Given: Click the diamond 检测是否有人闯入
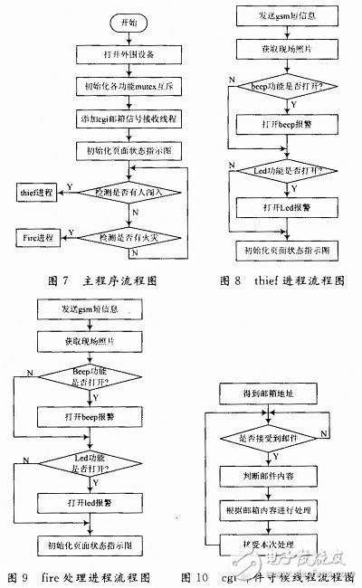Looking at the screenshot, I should pyautogui.click(x=130, y=192).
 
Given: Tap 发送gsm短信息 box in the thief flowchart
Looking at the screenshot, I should pyautogui.click(x=284, y=16).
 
